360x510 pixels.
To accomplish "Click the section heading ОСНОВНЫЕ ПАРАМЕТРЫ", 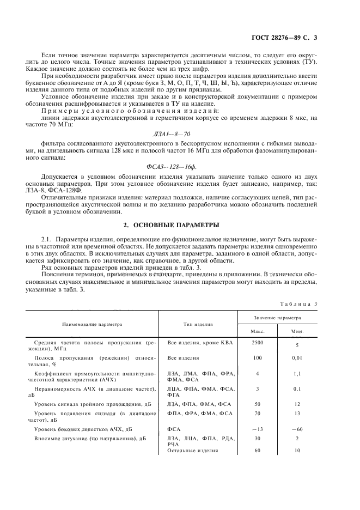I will (179, 225).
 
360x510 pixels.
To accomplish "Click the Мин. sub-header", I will (297, 331).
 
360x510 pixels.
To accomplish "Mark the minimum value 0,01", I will (297, 359).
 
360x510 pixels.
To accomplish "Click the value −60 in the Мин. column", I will (297, 429).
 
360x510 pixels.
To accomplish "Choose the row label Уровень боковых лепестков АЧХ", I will (84, 429).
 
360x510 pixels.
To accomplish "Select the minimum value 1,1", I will (297, 374).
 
